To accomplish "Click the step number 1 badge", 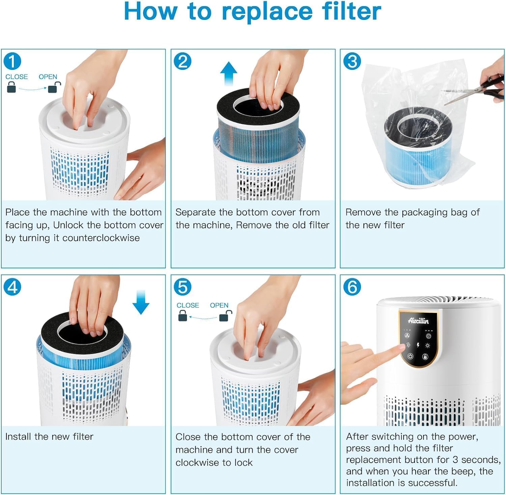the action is (12, 61).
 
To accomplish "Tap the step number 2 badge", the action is (182, 61).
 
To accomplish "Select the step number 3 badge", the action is (352, 61).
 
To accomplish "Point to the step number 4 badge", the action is (12, 287).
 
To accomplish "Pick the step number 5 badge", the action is (182, 287).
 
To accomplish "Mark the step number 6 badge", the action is (352, 287).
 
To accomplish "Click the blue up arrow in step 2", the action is (229, 74).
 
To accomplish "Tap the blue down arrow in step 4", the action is (141, 302).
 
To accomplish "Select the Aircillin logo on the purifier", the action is (418, 320).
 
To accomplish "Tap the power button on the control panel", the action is (410, 356).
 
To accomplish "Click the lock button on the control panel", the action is (425, 357).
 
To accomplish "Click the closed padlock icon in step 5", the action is (182, 316).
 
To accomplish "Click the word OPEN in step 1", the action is (48, 77).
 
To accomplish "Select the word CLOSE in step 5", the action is (188, 305).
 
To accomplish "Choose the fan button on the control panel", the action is (407, 336).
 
